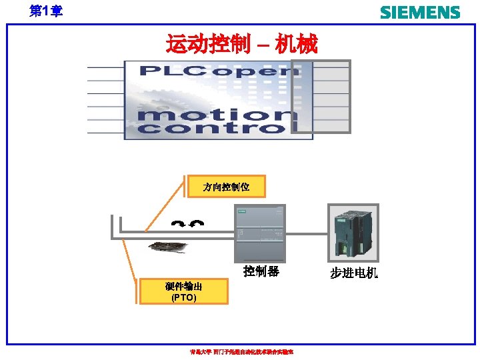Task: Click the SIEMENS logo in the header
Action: point(419,12)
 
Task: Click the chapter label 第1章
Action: point(46,11)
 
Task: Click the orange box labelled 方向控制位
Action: point(226,187)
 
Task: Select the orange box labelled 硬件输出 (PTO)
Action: point(183,292)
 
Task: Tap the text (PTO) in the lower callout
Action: point(183,298)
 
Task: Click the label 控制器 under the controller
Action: point(261,272)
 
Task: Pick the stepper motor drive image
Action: point(353,233)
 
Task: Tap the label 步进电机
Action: point(353,273)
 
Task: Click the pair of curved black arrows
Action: point(187,224)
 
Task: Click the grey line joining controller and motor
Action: point(306,234)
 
